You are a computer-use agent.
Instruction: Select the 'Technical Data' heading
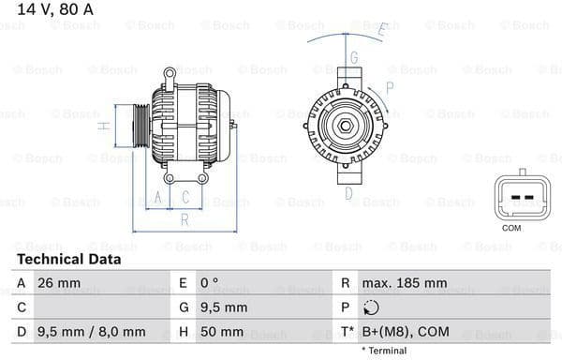tap(69, 259)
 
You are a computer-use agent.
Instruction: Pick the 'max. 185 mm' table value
tap(406, 282)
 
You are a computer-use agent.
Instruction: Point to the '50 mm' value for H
tap(223, 331)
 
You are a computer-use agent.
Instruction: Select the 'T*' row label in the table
tap(348, 331)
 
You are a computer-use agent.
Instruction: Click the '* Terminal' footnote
tap(385, 351)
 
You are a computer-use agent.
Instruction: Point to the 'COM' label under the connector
tap(511, 228)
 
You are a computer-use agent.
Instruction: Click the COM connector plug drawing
tap(511, 196)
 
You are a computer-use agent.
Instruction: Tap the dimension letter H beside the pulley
tap(107, 125)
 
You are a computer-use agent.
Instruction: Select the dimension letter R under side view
tap(185, 219)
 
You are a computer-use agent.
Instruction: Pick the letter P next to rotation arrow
tap(389, 87)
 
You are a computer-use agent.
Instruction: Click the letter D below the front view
tap(348, 194)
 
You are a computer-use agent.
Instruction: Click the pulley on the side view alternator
tap(140, 124)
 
